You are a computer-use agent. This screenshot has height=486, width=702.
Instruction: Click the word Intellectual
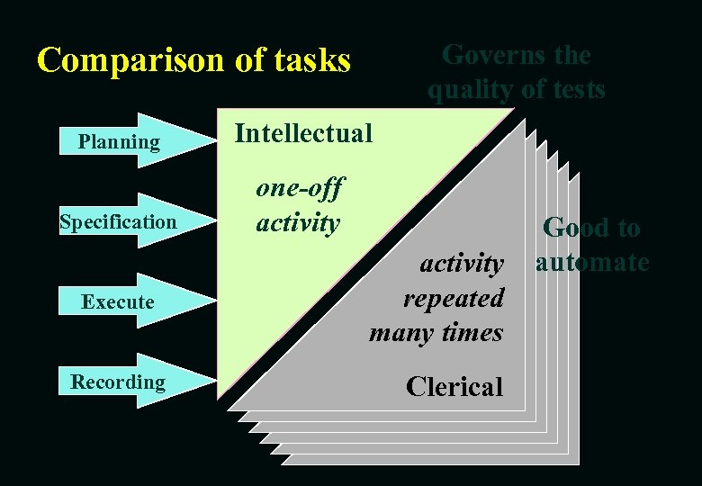302,133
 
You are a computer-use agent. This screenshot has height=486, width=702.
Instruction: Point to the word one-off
299,188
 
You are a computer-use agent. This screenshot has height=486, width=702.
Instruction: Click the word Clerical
454,386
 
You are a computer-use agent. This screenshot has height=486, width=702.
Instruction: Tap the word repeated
453,298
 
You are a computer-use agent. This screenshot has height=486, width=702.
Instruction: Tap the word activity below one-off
297,222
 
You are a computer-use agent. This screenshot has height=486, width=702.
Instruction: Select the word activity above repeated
462,264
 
